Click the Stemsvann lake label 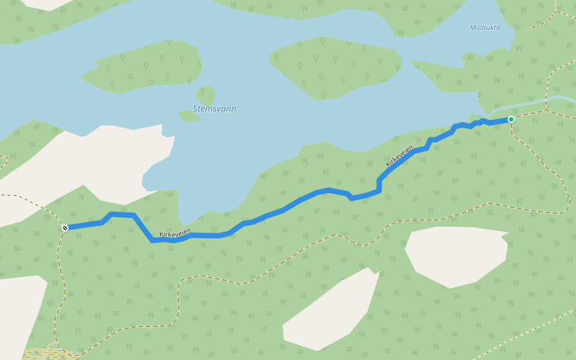point(214,109)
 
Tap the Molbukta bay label point(485,28)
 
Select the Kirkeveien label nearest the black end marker point(175,233)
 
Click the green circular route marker point(511,119)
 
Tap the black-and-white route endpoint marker point(65,227)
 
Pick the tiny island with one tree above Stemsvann point(205,95)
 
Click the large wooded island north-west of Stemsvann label point(144,66)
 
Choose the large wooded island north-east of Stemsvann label point(336,68)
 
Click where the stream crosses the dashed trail point(547,98)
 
